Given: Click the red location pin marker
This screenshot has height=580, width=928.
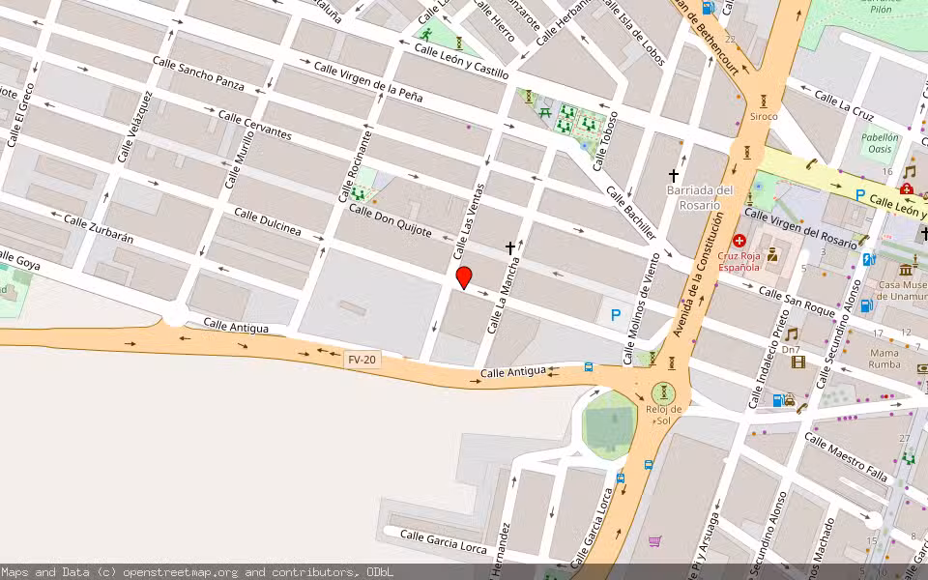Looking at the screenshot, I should click(x=464, y=277).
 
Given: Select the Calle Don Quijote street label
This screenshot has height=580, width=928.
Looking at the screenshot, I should click(x=390, y=222).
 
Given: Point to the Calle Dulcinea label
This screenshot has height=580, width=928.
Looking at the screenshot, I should click(x=266, y=221).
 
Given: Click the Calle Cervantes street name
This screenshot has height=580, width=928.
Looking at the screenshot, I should click(x=254, y=125).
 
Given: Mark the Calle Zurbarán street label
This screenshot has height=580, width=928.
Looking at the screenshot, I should click(x=98, y=228).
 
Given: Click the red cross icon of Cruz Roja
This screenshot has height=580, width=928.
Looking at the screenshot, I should click(x=740, y=240).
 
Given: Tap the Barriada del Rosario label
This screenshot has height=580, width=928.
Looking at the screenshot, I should click(x=700, y=197).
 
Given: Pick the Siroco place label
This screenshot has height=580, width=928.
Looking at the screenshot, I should click(x=764, y=116).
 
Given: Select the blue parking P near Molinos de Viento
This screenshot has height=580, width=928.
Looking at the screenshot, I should click(x=615, y=314).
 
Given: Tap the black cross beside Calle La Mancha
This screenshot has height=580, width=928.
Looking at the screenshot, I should click(x=510, y=248).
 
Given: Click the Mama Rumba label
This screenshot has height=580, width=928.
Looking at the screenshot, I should click(x=884, y=358).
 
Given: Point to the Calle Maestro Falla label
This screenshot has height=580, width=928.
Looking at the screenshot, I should click(x=845, y=457).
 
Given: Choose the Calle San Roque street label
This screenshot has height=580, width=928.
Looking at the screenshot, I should click(x=796, y=301).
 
